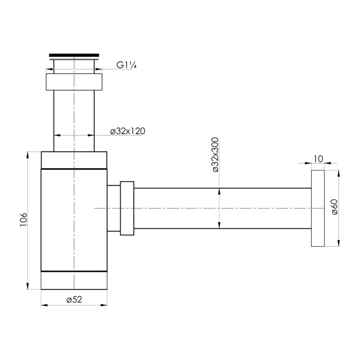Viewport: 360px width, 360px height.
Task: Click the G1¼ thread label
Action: coord(126,65)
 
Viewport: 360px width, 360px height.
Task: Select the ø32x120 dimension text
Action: coord(128,131)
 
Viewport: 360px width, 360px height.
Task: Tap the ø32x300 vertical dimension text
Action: coord(216,154)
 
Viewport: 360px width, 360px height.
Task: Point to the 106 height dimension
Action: coord(23,220)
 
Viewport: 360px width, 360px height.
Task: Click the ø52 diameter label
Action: coord(74,299)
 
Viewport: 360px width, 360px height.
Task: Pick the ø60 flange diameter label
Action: coord(334,207)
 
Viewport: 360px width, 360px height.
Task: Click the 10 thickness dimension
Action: coord(318,159)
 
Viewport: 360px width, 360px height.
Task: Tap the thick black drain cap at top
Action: coord(74,55)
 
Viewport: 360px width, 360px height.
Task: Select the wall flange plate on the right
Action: coord(318,208)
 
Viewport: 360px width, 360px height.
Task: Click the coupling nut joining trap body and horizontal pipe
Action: coord(127,208)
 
